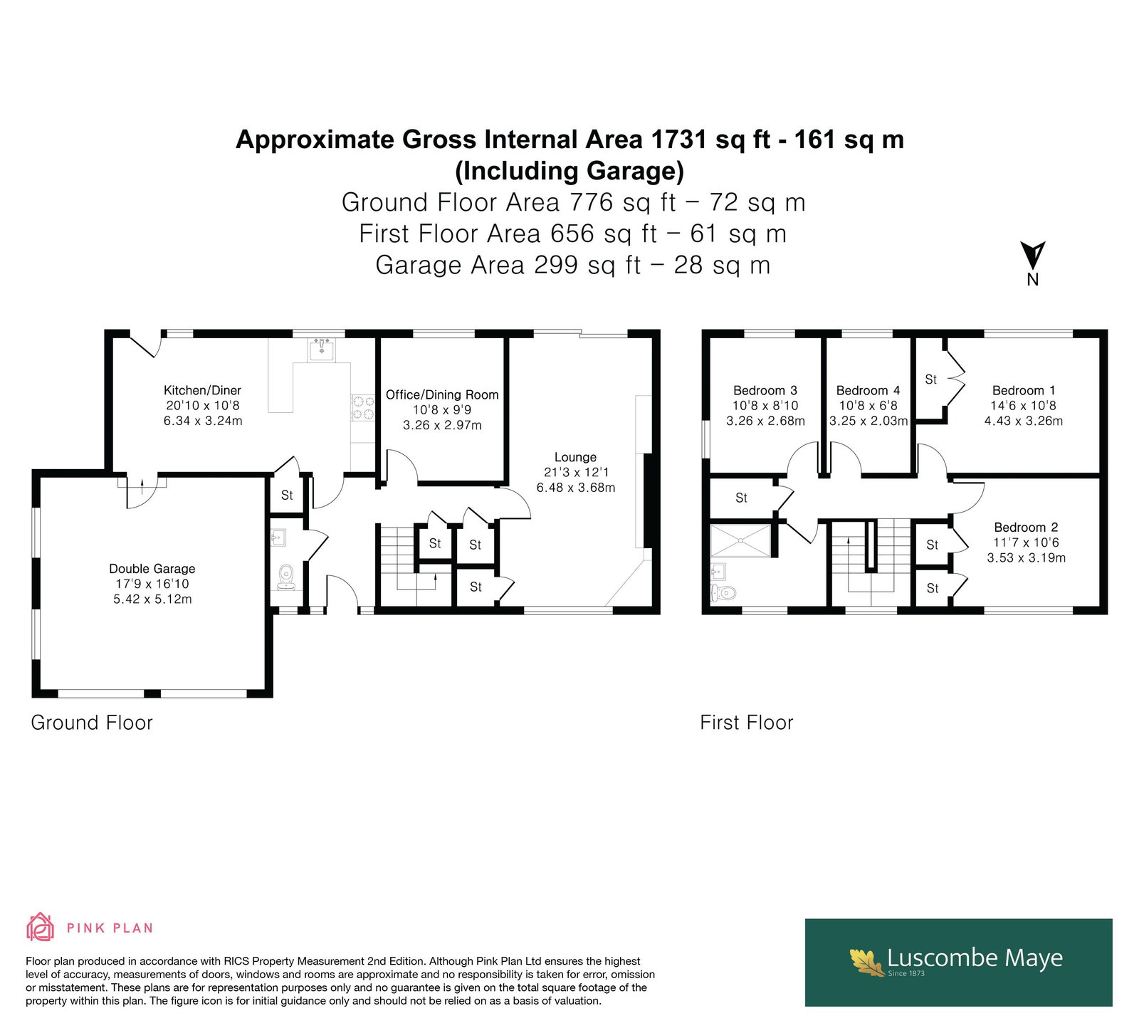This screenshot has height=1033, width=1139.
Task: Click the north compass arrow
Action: tap(1032, 256)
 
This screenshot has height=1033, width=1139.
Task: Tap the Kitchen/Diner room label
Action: tap(202, 390)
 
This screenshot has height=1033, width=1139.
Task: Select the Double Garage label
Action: tap(152, 568)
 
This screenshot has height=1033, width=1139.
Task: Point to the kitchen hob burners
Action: tap(363, 408)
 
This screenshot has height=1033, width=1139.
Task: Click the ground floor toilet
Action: tap(286, 577)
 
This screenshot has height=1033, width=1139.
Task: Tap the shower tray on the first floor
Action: tap(740, 540)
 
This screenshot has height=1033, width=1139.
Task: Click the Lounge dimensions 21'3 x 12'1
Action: tap(575, 472)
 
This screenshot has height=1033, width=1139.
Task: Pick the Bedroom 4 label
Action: tap(868, 390)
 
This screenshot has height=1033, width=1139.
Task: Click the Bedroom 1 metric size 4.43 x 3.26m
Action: tap(1024, 421)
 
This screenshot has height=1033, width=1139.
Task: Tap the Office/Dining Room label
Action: tap(442, 394)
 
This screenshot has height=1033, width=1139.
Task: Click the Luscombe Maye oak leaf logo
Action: tap(868, 962)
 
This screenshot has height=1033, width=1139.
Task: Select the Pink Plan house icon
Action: tap(41, 927)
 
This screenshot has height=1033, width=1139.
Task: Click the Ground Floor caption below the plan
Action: tap(92, 723)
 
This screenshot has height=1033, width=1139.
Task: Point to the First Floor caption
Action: tap(746, 723)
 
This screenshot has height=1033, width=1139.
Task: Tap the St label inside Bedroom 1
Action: tap(930, 379)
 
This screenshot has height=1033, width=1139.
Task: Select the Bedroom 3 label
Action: tap(765, 390)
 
